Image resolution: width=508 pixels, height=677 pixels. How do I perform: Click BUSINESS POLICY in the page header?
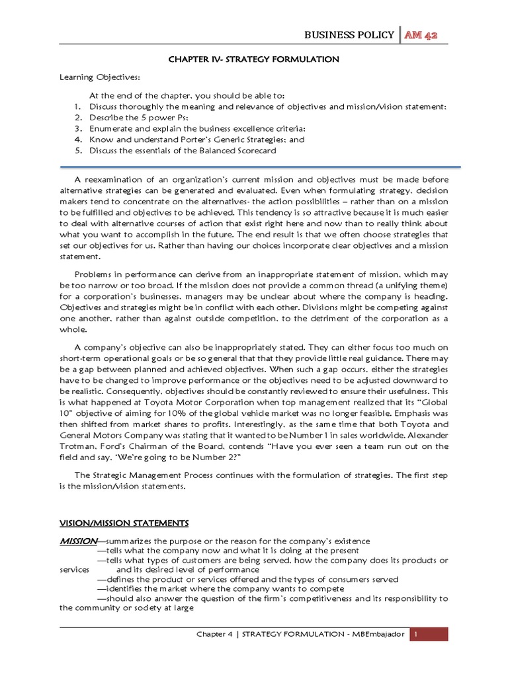[348, 35]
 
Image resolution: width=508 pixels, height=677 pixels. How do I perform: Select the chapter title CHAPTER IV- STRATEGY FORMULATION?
[254, 60]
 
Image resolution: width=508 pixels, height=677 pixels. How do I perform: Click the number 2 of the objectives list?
[77, 117]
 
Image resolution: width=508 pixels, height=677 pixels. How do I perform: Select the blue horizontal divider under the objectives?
[254, 167]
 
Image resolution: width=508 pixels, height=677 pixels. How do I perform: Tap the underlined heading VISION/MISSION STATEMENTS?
[124, 523]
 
